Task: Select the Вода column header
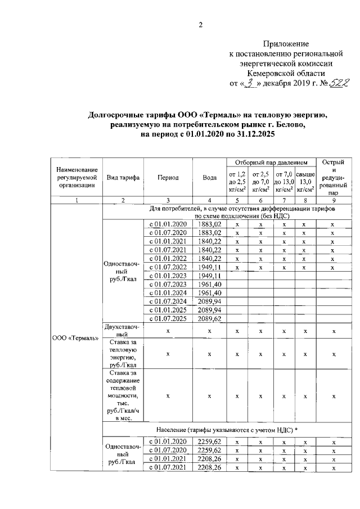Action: pos(210,177)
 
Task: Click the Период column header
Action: pos(168,177)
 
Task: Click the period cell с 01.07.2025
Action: pos(168,318)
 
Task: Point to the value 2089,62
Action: pos(210,318)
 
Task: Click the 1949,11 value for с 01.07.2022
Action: pos(210,267)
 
